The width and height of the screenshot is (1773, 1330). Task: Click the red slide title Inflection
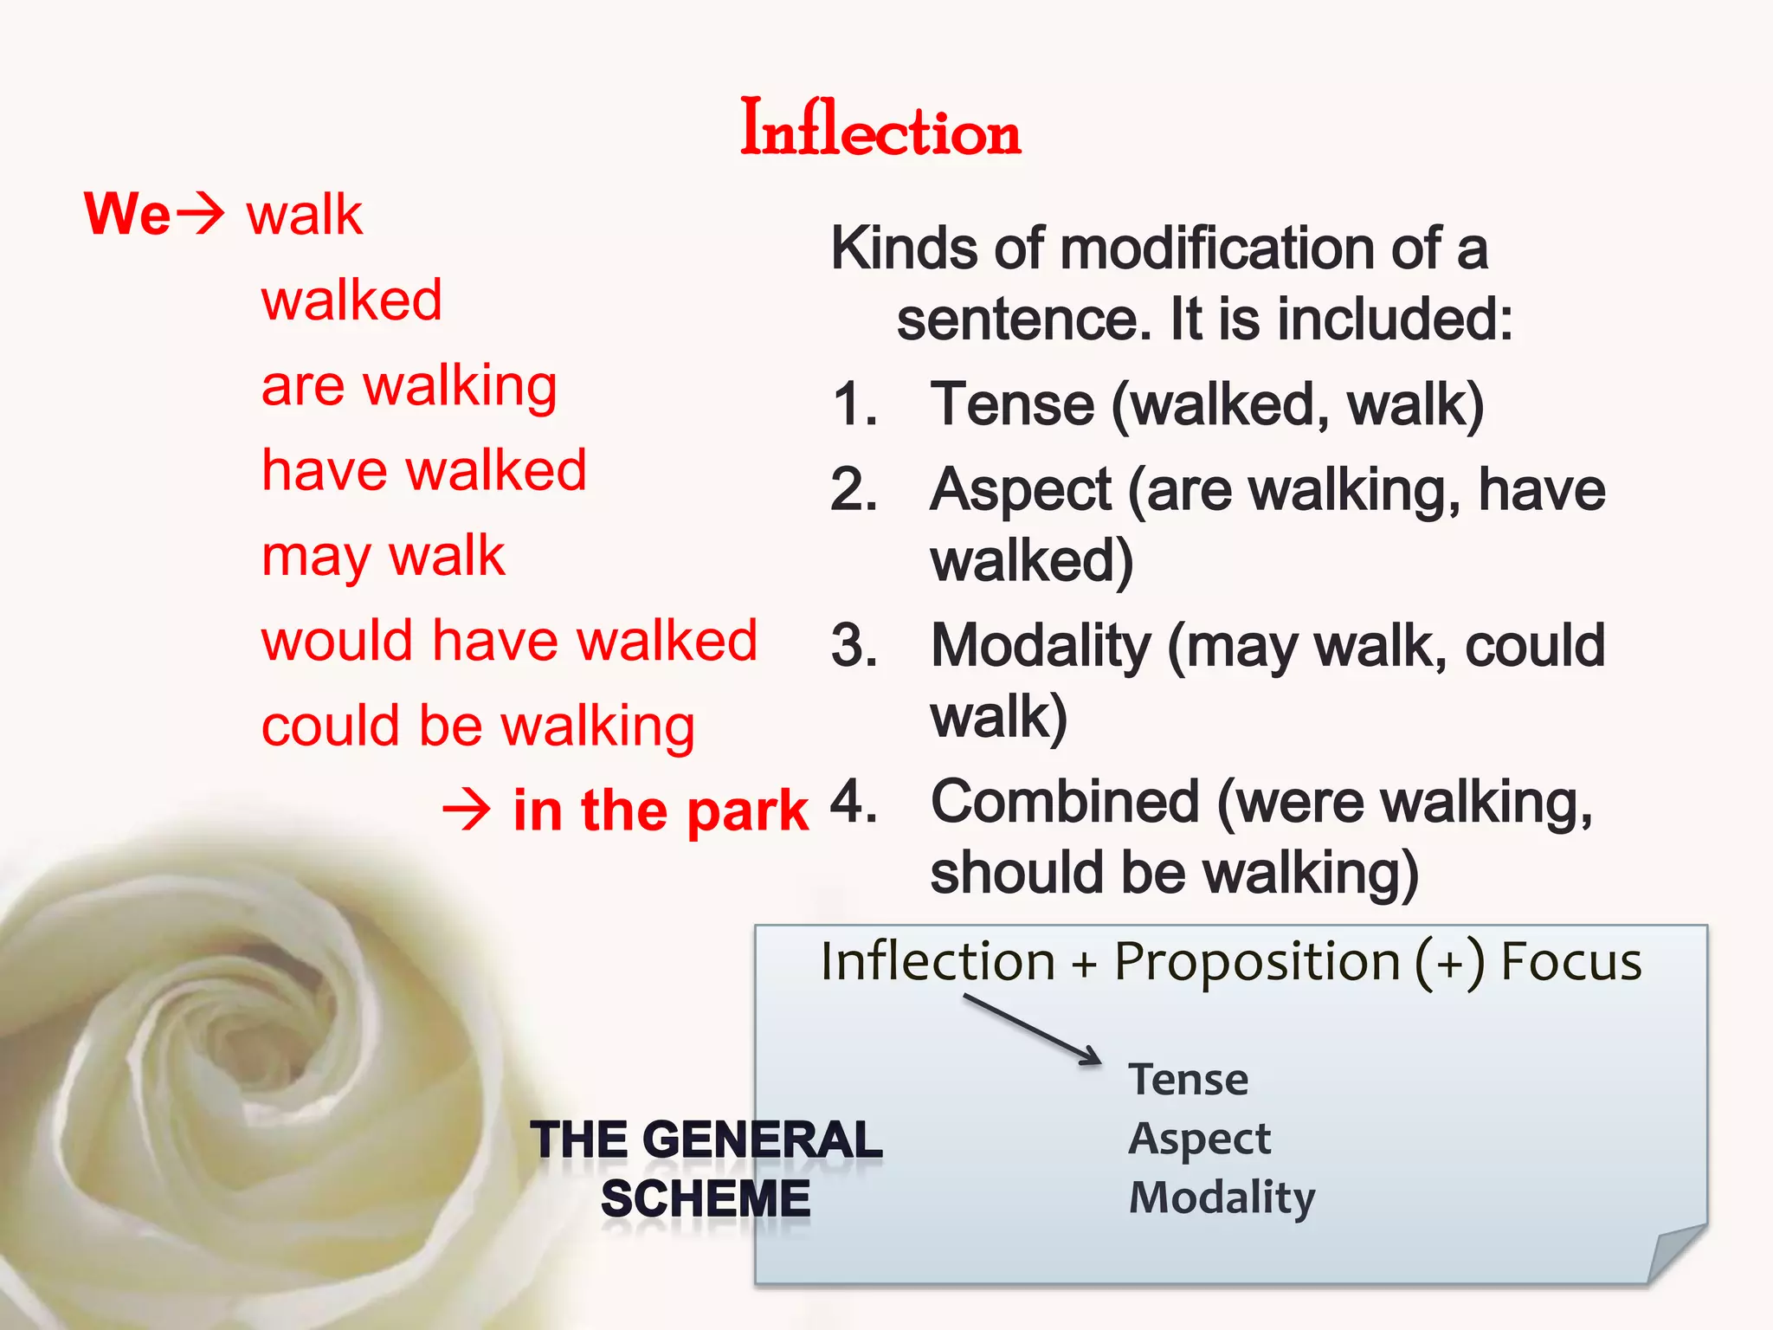pyautogui.click(x=880, y=130)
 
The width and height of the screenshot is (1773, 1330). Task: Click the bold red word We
pyautogui.click(x=127, y=214)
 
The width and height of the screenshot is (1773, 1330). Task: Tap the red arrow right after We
pyautogui.click(x=200, y=214)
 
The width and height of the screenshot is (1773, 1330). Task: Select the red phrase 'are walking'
pyautogui.click(x=409, y=386)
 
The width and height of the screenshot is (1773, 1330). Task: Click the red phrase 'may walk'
pyautogui.click(x=383, y=556)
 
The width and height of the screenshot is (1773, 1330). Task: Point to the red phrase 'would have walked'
pyautogui.click(x=509, y=641)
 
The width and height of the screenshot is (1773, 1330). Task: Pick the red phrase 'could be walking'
pyautogui.click(x=478, y=726)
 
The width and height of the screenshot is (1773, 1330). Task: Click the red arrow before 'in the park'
pyautogui.click(x=467, y=810)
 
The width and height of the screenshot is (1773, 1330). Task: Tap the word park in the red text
pyautogui.click(x=749, y=812)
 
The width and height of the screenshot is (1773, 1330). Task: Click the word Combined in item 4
pyautogui.click(x=1065, y=802)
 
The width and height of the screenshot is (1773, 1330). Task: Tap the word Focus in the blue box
pyautogui.click(x=1570, y=961)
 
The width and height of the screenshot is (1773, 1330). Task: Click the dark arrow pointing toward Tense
pyautogui.click(x=1032, y=1029)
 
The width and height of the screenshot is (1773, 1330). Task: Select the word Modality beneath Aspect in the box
pyautogui.click(x=1222, y=1198)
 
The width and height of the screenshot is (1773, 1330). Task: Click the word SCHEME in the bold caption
pyautogui.click(x=706, y=1199)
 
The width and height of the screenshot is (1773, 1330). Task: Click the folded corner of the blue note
pyautogui.click(x=1675, y=1254)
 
